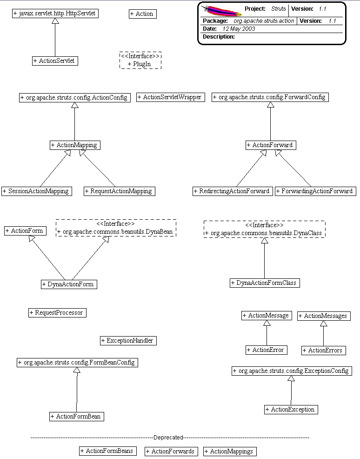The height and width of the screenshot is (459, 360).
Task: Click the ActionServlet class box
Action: tap(55, 61)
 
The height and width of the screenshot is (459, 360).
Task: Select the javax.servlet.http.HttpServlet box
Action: tap(55, 13)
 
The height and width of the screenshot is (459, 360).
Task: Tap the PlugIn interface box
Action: tap(140, 61)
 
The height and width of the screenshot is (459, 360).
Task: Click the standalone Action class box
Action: tap(142, 14)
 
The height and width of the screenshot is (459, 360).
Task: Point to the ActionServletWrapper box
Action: tap(171, 97)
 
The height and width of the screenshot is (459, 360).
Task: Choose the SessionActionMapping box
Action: tap(37, 191)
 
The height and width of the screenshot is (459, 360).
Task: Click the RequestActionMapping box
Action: tap(119, 191)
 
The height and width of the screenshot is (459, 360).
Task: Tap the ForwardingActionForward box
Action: tap(315, 191)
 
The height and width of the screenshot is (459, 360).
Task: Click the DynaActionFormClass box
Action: tap(264, 283)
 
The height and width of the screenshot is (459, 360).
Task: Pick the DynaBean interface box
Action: tap(116, 228)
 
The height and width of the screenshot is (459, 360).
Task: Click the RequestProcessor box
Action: tap(57, 312)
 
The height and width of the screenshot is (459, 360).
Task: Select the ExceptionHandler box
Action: tap(128, 340)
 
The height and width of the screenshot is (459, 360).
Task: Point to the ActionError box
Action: tap(266, 350)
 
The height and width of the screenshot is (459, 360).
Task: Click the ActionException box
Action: tap(291, 409)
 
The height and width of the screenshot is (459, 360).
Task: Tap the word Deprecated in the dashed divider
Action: tap(168, 438)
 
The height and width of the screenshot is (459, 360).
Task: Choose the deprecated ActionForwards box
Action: tap(171, 451)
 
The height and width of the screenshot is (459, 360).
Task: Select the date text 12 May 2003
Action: tap(238, 29)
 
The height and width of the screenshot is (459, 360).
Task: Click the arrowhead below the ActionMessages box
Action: tap(324, 324)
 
